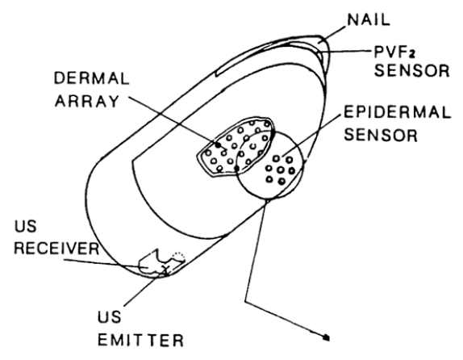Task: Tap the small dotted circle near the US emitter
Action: [x=179, y=256]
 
